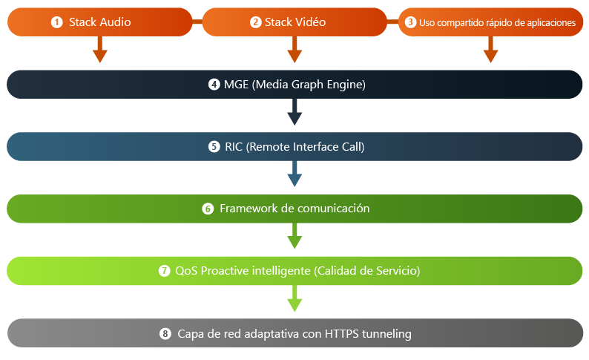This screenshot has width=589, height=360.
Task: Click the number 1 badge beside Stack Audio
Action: pyautogui.click(x=56, y=22)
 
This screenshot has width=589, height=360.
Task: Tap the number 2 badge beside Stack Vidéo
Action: pyautogui.click(x=255, y=22)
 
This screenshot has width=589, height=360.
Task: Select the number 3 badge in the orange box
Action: pyautogui.click(x=410, y=22)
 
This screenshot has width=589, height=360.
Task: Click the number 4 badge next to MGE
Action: pyautogui.click(x=214, y=84)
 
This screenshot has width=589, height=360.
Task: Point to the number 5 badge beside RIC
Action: pyautogui.click(x=214, y=146)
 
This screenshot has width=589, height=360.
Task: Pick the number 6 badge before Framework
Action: pyautogui.click(x=208, y=209)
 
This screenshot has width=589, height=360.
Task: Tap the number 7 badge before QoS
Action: pyautogui.click(x=164, y=271)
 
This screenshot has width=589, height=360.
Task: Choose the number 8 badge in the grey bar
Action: pyautogui.click(x=165, y=333)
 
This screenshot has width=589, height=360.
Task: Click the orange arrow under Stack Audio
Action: pyautogui.click(x=100, y=50)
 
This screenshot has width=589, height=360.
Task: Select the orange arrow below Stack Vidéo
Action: pyautogui.click(x=294, y=50)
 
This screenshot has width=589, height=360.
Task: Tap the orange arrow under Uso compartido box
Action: pyautogui.click(x=490, y=50)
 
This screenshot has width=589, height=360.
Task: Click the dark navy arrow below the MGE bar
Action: pyautogui.click(x=294, y=112)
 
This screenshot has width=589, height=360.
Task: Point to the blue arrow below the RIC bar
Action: pyautogui.click(x=294, y=174)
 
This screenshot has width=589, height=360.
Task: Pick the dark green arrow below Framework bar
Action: pyautogui.click(x=294, y=236)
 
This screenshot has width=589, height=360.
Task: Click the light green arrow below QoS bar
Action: pyautogui.click(x=294, y=298)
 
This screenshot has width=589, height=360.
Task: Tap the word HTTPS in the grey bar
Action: pyautogui.click(x=342, y=334)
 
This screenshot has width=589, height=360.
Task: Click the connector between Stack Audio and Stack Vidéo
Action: pyautogui.click(x=197, y=22)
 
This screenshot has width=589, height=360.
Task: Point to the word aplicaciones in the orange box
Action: pyautogui.click(x=551, y=23)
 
